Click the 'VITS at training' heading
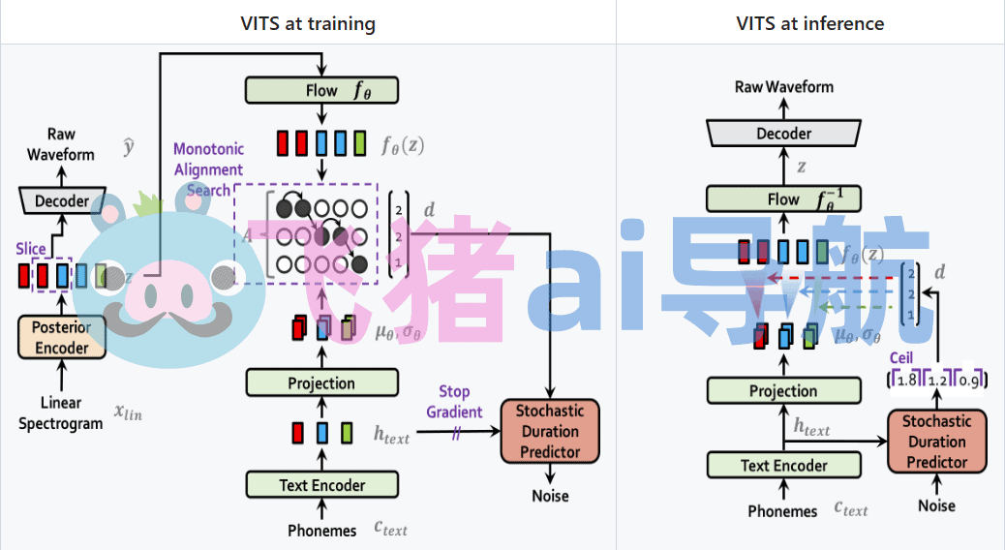coord(308,23)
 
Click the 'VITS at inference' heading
coord(809,23)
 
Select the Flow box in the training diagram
coord(321,90)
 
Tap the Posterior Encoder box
coord(61,337)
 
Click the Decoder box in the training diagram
coord(62,201)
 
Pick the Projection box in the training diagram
coord(321,383)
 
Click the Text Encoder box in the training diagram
coord(321,484)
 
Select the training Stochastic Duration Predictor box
coord(550,432)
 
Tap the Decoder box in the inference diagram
coord(783,134)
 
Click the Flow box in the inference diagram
coord(783,199)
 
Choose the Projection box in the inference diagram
coord(783,391)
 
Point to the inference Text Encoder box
coord(783,465)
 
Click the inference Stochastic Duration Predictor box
coord(936,442)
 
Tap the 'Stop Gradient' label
coord(454,402)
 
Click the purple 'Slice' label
coord(31,249)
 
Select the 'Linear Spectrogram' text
coord(61,412)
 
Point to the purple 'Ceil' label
coord(901,358)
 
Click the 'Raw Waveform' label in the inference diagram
coord(783,87)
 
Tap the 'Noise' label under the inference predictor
coord(936,505)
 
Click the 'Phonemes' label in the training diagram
coord(321,530)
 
